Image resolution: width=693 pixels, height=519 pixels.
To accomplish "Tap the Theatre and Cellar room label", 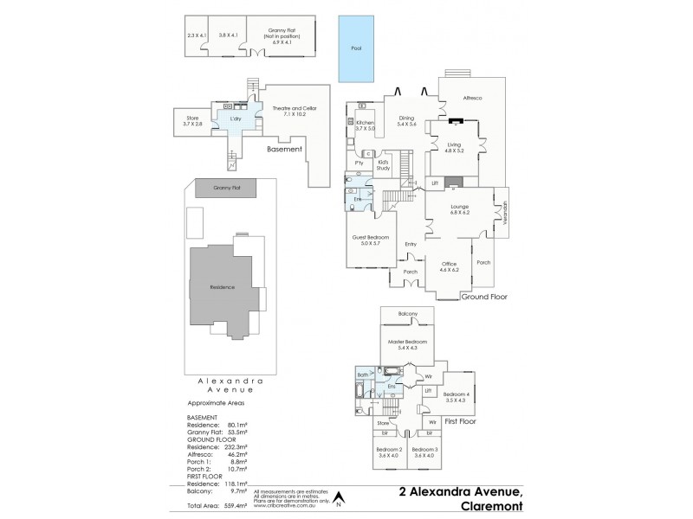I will (x=295, y=110).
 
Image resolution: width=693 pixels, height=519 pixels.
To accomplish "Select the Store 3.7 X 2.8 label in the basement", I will (x=192, y=122).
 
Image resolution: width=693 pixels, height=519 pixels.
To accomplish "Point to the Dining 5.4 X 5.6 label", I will (x=405, y=122).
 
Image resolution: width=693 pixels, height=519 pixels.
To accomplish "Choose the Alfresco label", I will (x=472, y=99).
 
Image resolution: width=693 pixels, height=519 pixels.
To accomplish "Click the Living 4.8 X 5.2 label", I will (x=455, y=148).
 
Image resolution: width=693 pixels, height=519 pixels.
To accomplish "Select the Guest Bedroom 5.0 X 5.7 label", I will (x=371, y=241).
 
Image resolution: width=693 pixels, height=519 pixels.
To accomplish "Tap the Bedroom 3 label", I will (x=424, y=453).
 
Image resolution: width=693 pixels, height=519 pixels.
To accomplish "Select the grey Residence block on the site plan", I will (x=223, y=286).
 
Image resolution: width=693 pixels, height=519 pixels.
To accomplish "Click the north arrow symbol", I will (x=340, y=498).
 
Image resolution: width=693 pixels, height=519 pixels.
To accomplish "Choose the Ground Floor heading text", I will (x=483, y=296).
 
